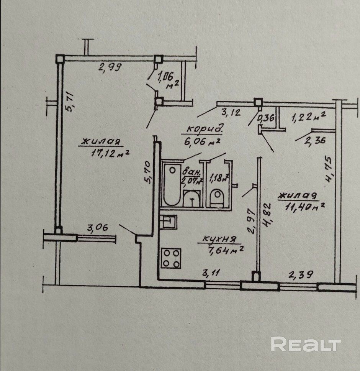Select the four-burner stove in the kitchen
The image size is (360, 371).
point(171,258)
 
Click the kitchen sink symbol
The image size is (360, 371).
point(169,222)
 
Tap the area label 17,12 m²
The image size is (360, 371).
point(110,153)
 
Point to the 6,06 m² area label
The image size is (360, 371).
point(202,142)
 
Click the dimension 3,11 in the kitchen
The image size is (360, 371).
point(213,273)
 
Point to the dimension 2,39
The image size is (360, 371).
point(301,274)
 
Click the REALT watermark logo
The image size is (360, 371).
point(306,344)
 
